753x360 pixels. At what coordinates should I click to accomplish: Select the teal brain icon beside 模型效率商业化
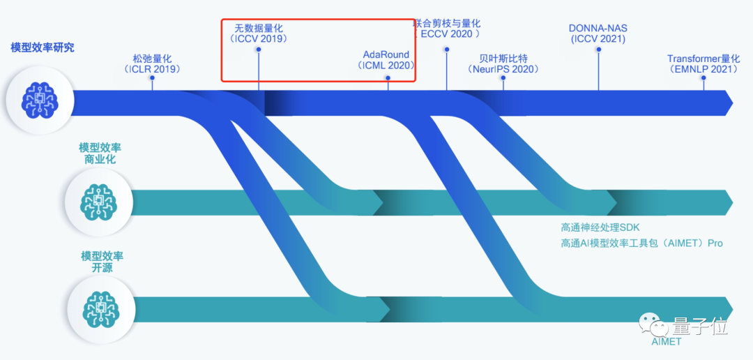point(98,202)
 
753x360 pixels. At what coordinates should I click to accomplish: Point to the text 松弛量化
point(151,58)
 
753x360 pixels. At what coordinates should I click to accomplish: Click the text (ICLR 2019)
point(151,69)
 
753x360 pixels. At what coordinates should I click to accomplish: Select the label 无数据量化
point(258,28)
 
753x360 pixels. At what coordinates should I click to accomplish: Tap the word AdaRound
point(386,54)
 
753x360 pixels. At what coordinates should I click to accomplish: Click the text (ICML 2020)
point(386,66)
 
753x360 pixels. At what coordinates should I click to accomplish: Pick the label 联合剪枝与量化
point(448,23)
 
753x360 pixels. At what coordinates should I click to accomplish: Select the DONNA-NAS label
point(598,28)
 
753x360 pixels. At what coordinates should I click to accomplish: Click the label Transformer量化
point(703,59)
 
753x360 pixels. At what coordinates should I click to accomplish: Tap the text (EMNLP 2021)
point(703,70)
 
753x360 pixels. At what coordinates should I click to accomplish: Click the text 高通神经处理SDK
point(600,227)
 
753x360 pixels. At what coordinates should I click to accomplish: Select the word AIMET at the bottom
point(666,342)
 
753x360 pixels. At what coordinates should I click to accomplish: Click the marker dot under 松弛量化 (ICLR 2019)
point(152,79)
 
